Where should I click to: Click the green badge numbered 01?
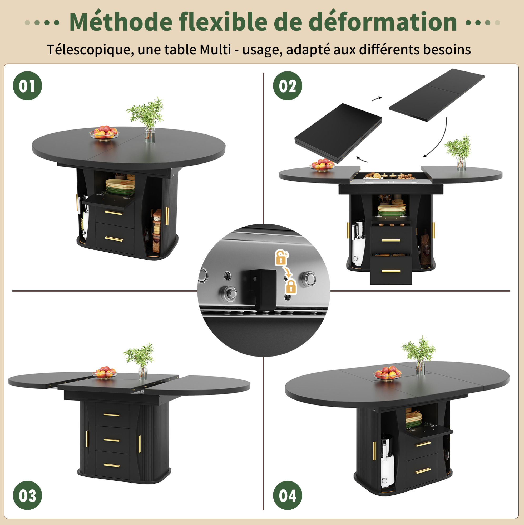point(27,86)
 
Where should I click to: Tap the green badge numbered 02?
point(287,86)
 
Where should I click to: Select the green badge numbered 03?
point(27,495)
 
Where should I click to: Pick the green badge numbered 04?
point(287,495)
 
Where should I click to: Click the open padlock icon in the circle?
point(281,257)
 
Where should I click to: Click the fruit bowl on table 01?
point(104,132)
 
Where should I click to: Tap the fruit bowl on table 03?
point(105,372)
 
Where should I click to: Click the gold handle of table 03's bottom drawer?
point(112,465)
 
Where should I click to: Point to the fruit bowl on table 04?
point(387,373)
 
